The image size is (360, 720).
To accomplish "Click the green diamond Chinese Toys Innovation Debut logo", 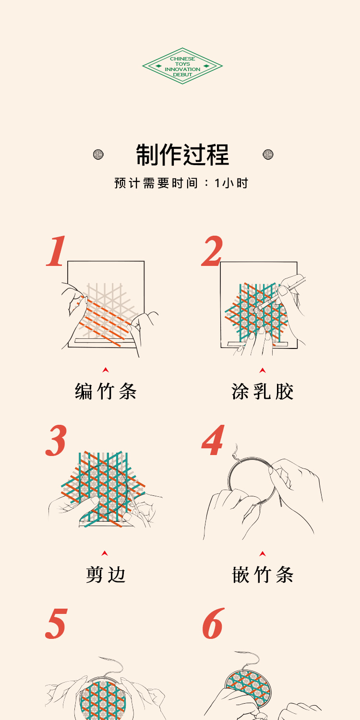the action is (182, 66).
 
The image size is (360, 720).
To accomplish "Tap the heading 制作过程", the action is (182, 155).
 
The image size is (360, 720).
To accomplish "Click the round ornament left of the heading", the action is (98, 155).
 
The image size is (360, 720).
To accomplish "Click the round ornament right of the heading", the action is (268, 155).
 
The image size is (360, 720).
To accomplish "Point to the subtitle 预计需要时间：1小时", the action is (181, 183).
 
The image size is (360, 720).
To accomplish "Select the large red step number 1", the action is (57, 251).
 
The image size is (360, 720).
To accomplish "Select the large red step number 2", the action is (212, 251).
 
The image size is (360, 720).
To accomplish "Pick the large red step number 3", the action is (56, 440).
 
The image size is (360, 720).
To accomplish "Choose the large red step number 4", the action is (213, 440).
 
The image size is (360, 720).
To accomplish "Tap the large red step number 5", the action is (57, 624).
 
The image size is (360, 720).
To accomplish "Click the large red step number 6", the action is (214, 623).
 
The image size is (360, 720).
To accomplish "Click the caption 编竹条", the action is (106, 392).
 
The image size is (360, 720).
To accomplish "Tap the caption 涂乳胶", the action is (262, 392).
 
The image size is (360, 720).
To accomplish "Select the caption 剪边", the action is (106, 575).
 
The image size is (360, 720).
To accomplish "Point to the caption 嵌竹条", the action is (263, 575).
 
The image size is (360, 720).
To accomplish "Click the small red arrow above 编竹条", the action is (106, 370).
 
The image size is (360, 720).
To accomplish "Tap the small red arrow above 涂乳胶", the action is (263, 370).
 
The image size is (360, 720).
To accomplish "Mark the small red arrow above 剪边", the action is (105, 553).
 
